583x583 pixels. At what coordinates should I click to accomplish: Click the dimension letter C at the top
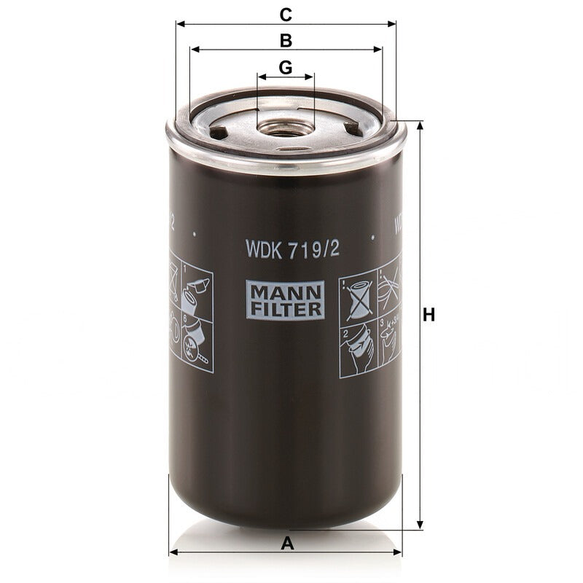[x=286, y=15]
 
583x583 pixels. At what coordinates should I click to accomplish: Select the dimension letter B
[x=286, y=41]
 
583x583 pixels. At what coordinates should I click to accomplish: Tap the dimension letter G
[x=286, y=68]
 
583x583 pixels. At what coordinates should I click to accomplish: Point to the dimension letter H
[x=429, y=316]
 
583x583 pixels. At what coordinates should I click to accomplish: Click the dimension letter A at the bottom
[x=287, y=544]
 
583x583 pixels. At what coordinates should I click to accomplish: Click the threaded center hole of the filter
[x=286, y=129]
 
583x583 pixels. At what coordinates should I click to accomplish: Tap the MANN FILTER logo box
[x=285, y=300]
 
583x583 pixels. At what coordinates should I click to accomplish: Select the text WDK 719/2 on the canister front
[x=293, y=249]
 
